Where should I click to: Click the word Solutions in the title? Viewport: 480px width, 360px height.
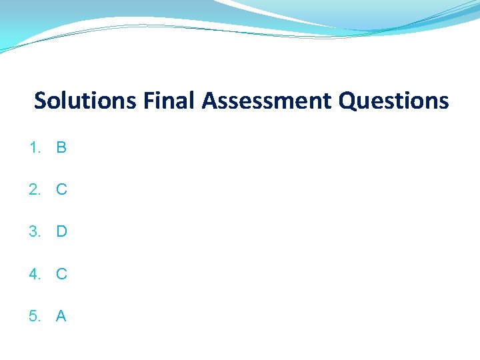coord(85,101)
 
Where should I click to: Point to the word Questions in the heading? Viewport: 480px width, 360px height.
coord(394,101)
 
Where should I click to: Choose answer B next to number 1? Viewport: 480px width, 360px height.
coord(61,147)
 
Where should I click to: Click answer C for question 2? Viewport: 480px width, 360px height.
coord(61,189)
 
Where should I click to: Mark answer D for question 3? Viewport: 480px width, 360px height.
coord(61,231)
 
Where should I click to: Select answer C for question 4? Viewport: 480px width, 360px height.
coord(61,273)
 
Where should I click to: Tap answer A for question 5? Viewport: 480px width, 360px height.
coord(61,316)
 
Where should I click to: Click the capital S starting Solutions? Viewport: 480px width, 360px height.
coord(41,101)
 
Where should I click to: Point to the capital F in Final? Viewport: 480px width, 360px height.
coord(148,101)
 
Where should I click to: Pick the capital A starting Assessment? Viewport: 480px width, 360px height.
coord(210,101)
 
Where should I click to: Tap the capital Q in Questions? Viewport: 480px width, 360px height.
coord(349,101)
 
